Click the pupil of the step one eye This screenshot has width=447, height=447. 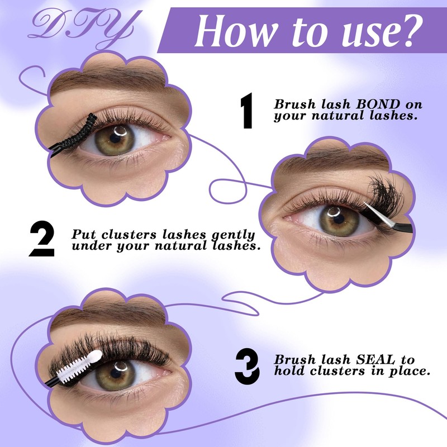[119, 136]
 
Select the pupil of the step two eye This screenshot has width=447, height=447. [336, 218]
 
